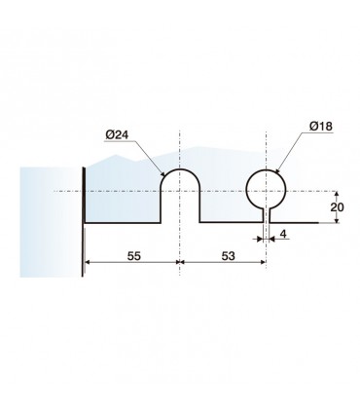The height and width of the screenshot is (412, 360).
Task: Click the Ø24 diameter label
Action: click(x=117, y=134)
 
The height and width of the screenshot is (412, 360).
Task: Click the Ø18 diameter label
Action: click(x=321, y=126)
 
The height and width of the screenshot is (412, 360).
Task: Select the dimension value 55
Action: click(x=134, y=256)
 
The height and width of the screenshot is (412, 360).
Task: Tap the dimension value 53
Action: click(x=228, y=256)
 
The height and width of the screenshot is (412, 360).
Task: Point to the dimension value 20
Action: click(x=337, y=207)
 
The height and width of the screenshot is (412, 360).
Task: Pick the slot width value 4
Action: click(x=284, y=234)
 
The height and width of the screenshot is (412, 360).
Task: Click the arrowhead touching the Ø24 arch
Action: click(x=162, y=173)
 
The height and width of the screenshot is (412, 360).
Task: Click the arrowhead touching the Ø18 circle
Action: click(x=277, y=169)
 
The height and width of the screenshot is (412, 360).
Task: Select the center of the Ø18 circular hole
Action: click(x=266, y=191)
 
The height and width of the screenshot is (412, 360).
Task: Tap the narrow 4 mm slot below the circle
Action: click(x=266, y=216)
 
